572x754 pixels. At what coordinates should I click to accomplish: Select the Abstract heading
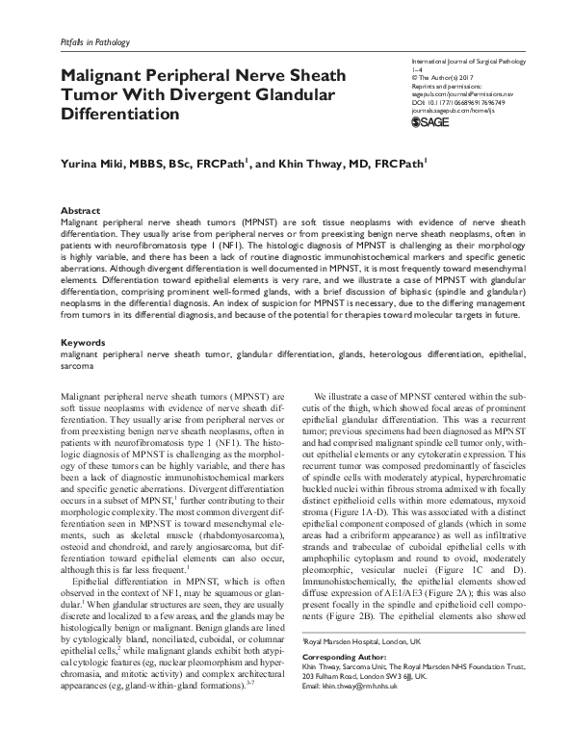pos(80,210)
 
